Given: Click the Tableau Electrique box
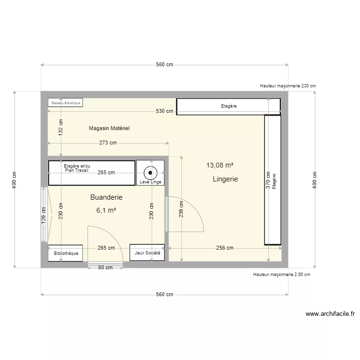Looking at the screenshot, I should pos(65,102).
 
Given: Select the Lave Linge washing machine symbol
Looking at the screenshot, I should pos(150,172).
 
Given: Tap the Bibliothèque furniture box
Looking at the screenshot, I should pos(65,253).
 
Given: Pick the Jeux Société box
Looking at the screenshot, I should pos(147,253).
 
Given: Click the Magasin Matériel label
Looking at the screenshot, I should pos(109,128).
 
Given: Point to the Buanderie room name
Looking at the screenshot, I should pos(106,197).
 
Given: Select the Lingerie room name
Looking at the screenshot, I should pos(225,179).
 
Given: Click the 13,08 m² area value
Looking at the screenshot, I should pos(220,165).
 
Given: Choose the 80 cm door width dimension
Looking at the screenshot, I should pos(105,268).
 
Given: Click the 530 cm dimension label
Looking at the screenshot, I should pos(165,111).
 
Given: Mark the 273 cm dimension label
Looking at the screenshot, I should pos(108,143).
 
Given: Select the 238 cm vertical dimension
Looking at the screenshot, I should pos(181,209).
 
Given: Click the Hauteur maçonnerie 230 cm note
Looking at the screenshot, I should pos(288,85).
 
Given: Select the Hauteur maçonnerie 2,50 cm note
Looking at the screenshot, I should pos(281,275).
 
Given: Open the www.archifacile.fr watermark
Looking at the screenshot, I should pos(330,314).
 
